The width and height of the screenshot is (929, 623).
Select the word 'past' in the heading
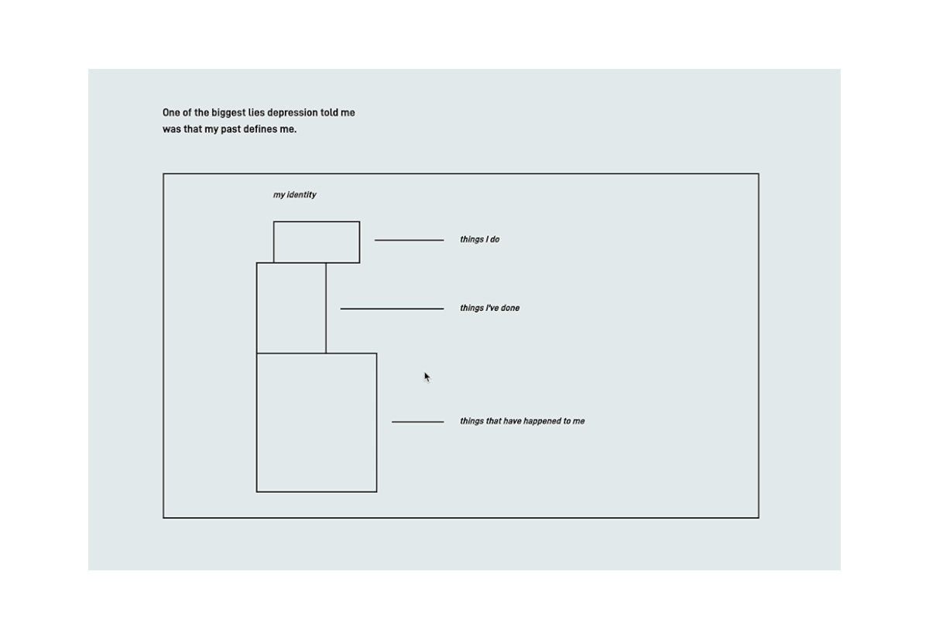tap(231, 129)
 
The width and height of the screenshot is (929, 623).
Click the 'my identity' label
tap(294, 195)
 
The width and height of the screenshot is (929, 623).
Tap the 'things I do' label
tap(479, 240)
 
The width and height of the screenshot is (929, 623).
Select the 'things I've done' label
tap(489, 308)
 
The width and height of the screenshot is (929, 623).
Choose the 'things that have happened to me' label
tap(522, 421)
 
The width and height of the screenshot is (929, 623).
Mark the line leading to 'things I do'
tap(409, 240)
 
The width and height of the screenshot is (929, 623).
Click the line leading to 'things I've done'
tap(392, 308)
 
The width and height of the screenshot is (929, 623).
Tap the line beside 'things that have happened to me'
tap(417, 422)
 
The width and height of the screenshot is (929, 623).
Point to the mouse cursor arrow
tap(427, 377)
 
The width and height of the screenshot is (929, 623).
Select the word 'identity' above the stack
tap(301, 195)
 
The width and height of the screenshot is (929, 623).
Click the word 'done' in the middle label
tap(510, 308)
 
